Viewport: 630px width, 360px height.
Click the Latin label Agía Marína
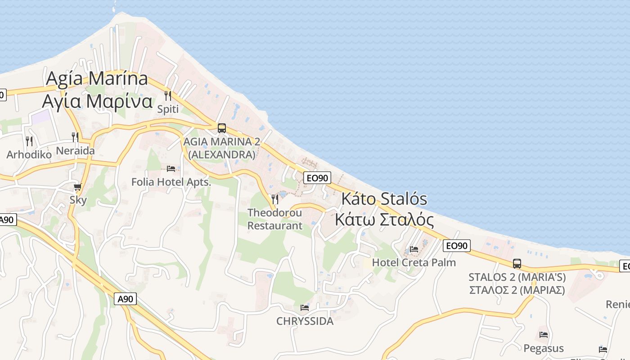coord(97,79)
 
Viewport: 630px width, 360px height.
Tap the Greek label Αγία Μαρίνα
coord(97,101)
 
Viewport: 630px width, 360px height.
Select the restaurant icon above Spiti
coord(168,95)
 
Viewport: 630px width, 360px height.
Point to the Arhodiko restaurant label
coord(29,155)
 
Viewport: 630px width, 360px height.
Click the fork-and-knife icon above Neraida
coord(75,137)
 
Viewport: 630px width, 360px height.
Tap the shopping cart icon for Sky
coord(78,187)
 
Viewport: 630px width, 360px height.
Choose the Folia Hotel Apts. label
coord(171,182)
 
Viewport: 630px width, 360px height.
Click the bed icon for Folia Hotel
coord(171,169)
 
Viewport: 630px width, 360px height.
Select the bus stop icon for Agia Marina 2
coord(222,128)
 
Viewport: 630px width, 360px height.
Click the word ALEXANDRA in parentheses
coord(221,155)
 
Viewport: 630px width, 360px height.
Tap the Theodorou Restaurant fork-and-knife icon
coord(274,198)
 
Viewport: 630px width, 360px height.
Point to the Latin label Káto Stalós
coord(384,199)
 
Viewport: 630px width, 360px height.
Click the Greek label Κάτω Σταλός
coord(384,220)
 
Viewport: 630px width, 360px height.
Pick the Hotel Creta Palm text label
coord(414,262)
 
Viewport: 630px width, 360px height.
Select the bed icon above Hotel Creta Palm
coord(414,249)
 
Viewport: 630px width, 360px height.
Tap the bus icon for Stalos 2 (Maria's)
coord(517,264)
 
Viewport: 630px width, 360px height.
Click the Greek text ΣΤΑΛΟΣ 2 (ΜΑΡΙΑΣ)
coord(517,290)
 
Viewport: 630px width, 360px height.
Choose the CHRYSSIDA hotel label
coord(305,321)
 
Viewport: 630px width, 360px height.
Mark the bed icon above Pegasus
coord(544,335)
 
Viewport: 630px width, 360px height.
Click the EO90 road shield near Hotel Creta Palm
coord(457,246)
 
